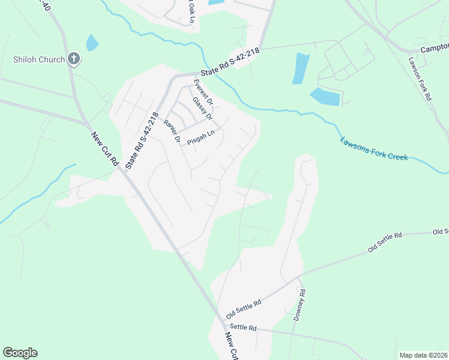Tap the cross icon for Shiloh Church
(x=74, y=59)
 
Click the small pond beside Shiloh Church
(x=92, y=43)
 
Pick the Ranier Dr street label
(x=172, y=130)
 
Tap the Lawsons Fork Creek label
(x=374, y=149)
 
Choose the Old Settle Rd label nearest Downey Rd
(x=244, y=309)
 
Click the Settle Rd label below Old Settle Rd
(x=243, y=328)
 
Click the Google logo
(x=20, y=353)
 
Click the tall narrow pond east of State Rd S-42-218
(x=301, y=68)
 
